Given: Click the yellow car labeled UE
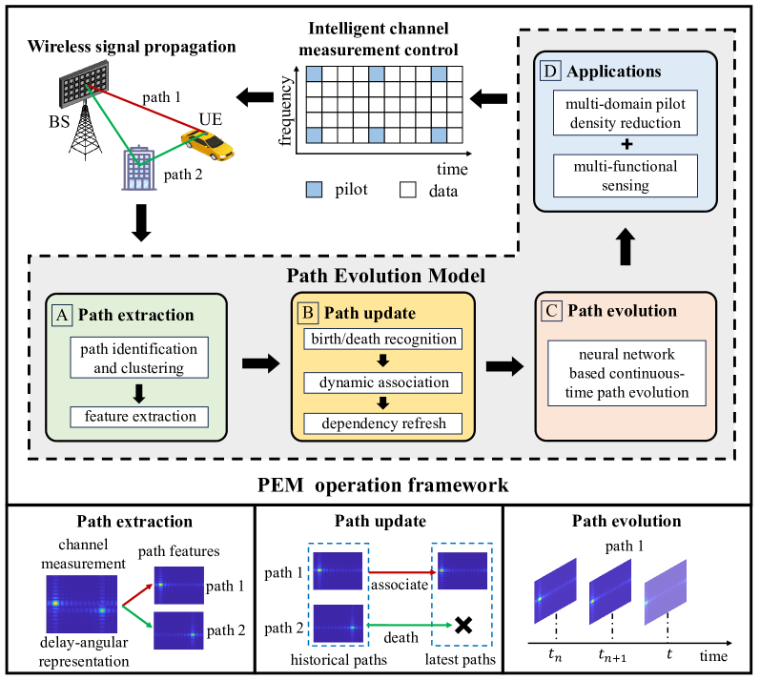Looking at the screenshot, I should [209, 144].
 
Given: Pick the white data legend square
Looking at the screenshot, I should [405, 189].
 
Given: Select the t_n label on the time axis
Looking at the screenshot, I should [555, 657].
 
